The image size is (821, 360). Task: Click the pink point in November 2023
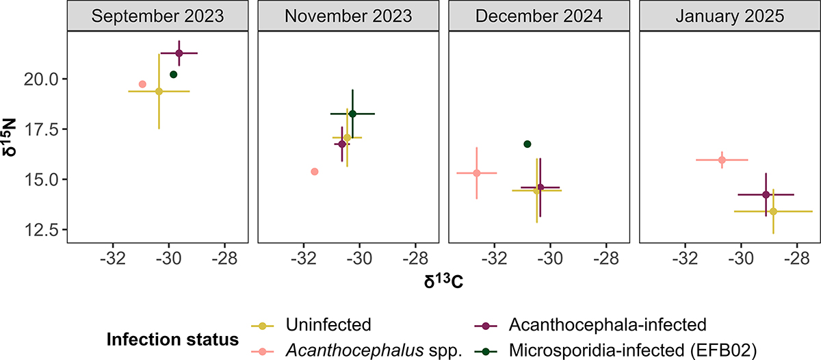[x=315, y=171]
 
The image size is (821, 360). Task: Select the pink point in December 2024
[x=477, y=173]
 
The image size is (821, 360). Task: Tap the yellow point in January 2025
[x=773, y=211]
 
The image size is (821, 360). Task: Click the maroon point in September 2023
[x=179, y=53]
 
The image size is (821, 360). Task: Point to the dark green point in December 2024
[x=527, y=144]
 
